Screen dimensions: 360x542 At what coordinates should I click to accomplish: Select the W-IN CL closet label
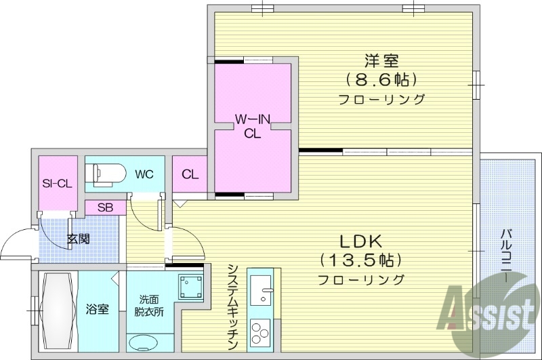[x=253, y=126]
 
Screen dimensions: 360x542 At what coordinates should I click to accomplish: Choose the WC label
[x=144, y=174]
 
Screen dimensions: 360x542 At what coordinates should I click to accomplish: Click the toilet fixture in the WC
[x=108, y=174]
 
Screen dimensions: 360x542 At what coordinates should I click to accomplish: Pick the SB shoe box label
[x=105, y=208]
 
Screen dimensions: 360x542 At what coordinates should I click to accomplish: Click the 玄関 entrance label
[x=78, y=239]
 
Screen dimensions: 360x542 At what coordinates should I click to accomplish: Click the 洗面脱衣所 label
[x=152, y=306]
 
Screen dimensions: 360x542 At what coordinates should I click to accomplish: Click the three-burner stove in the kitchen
[x=259, y=333]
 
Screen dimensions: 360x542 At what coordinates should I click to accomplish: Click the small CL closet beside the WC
[x=190, y=175]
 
